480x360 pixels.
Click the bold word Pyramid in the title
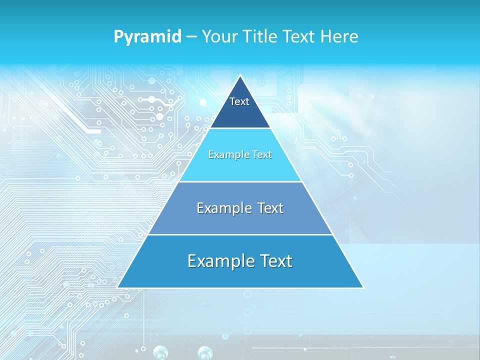[x=147, y=37]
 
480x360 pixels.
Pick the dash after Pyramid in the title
[x=191, y=37]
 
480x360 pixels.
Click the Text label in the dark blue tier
[x=239, y=101]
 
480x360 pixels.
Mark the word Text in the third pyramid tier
[x=270, y=208]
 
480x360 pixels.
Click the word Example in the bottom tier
[x=217, y=261]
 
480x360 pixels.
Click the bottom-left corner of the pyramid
[x=117, y=287]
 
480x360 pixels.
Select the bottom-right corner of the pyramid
[x=363, y=287]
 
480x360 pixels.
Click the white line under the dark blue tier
[x=240, y=128]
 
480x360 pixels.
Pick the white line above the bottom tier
[x=240, y=234]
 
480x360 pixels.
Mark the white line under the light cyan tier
[x=240, y=181]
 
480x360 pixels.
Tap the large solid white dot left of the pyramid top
[x=203, y=102]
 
